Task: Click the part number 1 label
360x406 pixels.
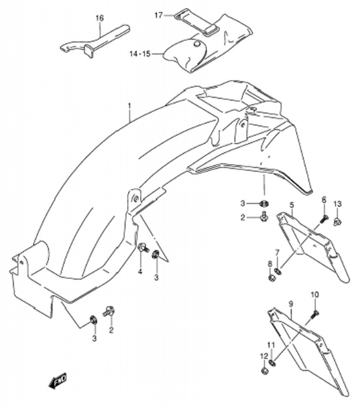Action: (129, 106)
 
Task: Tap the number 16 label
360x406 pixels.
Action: (100, 18)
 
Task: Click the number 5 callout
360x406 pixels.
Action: (292, 205)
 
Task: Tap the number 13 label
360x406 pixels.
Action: (338, 204)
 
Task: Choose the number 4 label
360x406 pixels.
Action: (140, 271)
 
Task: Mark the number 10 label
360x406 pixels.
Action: (314, 294)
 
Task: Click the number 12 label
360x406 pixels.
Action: (264, 356)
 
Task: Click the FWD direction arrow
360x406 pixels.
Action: (57, 380)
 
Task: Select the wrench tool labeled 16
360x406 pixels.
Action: (96, 43)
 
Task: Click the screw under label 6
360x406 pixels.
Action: (323, 219)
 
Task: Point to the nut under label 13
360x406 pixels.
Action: (338, 221)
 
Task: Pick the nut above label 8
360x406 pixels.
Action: (272, 278)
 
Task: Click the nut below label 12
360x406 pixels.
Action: (264, 371)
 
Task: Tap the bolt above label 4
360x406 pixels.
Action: (142, 248)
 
